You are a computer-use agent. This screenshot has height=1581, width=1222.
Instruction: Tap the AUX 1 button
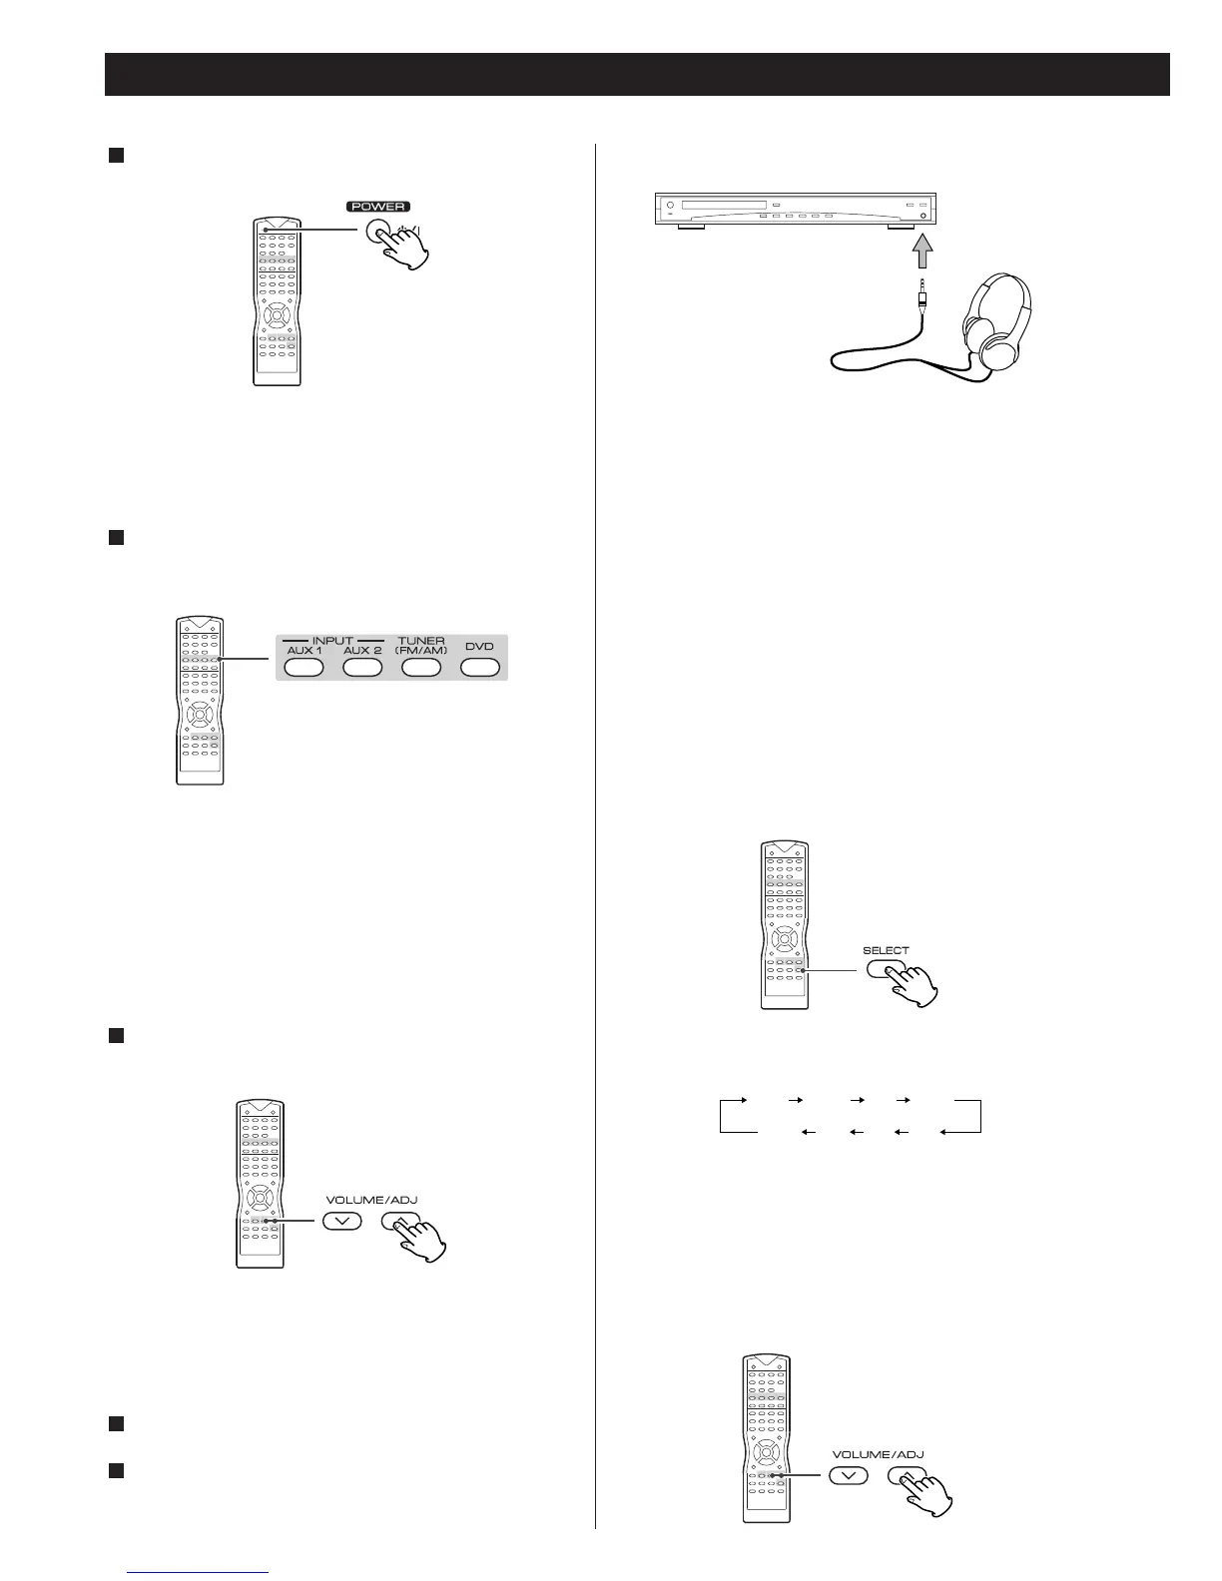pos(304,668)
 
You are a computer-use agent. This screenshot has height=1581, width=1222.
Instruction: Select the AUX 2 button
pos(362,668)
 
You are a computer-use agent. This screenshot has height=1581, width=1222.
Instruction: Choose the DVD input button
pos(479,668)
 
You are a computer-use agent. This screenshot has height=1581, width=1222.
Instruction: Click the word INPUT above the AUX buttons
pos(332,640)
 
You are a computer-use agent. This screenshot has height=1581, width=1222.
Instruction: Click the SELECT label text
pos(886,950)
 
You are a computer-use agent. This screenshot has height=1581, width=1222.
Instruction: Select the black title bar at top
pos(637,75)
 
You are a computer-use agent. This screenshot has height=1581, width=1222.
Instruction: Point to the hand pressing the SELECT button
pos(911,986)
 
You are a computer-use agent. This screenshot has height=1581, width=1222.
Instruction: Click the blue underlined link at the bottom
pos(200,1571)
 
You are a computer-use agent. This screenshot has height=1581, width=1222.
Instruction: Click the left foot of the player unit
pos(691,228)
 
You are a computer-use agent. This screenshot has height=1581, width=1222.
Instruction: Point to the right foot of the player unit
pos(900,228)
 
